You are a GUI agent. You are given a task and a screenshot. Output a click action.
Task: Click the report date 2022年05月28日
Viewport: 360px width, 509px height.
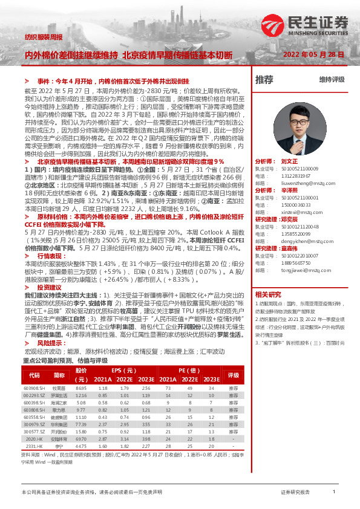[x=314, y=54]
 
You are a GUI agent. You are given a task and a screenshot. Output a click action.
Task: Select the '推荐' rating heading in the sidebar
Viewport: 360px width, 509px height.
[x=264, y=80]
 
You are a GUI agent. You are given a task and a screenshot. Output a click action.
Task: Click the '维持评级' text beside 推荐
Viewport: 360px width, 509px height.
[x=332, y=80]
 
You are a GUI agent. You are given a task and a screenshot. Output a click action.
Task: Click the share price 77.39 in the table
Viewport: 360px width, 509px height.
[x=81, y=425]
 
